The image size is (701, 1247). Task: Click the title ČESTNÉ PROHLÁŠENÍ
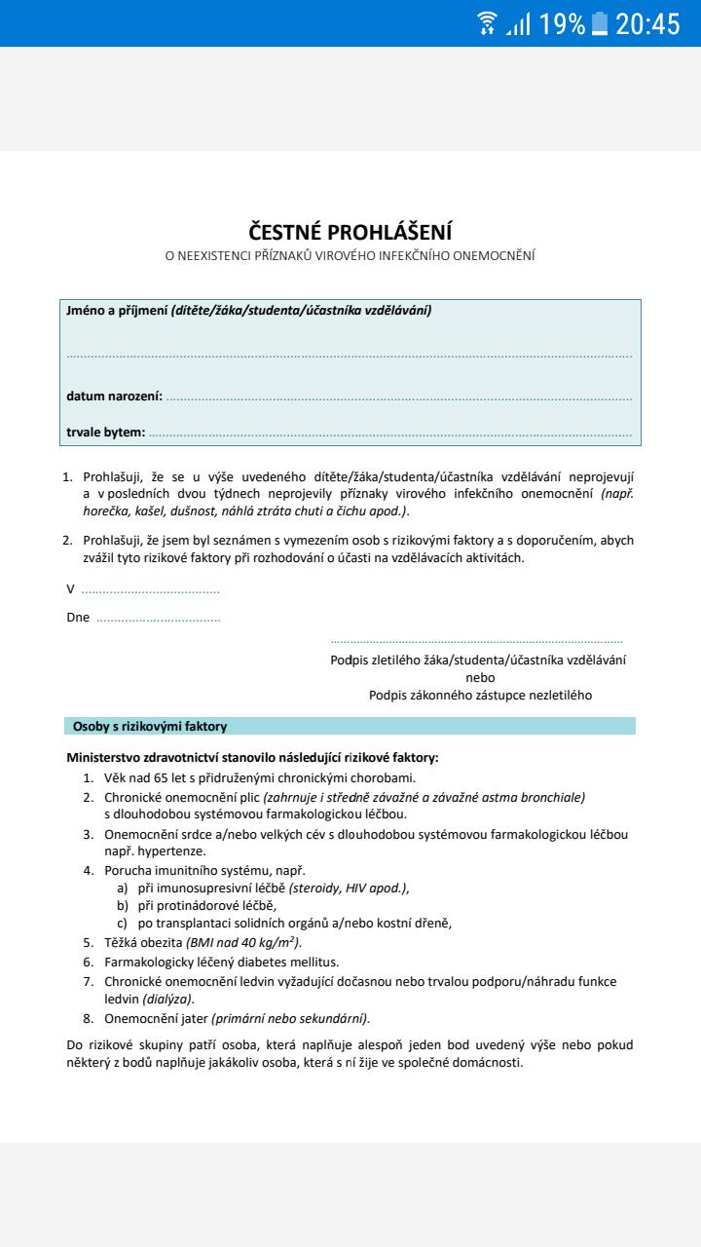click(x=350, y=232)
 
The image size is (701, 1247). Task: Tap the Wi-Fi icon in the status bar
click(x=487, y=24)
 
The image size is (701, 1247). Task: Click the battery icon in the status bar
click(x=600, y=24)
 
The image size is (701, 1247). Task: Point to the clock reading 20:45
click(x=647, y=24)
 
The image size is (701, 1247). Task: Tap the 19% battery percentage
click(x=563, y=24)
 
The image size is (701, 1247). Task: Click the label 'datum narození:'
click(x=114, y=396)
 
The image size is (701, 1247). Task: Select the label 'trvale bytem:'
click(x=105, y=432)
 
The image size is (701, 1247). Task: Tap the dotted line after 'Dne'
click(x=159, y=618)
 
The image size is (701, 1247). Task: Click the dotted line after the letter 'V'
click(x=151, y=589)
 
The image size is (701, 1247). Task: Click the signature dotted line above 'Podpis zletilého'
click(x=476, y=642)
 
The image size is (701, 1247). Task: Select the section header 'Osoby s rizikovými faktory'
click(x=150, y=726)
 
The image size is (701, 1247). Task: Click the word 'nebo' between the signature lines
click(x=480, y=677)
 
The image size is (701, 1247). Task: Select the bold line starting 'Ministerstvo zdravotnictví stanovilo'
click(x=252, y=757)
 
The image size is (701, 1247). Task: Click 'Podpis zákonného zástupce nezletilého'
click(x=480, y=695)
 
